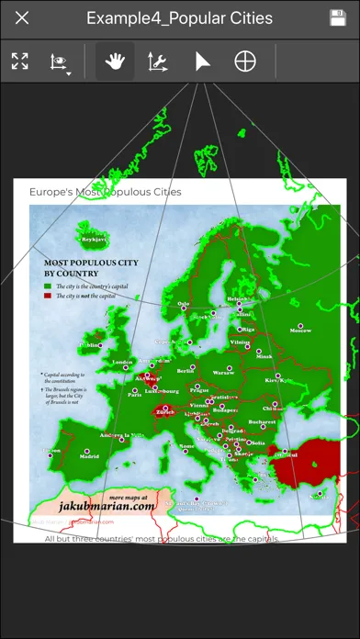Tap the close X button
point(23,18)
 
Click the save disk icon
point(337,18)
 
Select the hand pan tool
point(115,62)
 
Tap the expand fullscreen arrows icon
point(20,62)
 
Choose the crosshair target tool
point(245,62)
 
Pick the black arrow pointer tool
point(201,62)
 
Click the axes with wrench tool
point(158,62)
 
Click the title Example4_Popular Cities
point(179,18)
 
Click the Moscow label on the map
point(300,330)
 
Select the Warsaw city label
point(223,373)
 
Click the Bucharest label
point(261,422)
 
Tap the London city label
point(121,362)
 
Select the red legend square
point(48,296)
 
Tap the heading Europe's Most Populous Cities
point(106,192)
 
